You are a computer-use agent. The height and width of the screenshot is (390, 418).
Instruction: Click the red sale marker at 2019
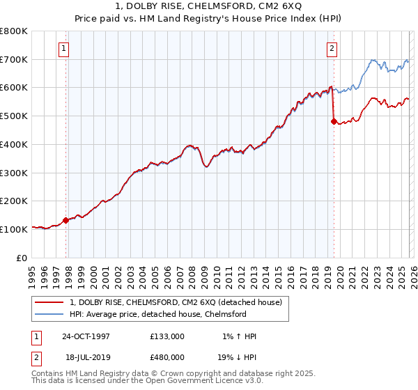tap(334, 121)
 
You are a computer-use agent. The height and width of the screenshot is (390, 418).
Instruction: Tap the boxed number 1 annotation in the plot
tap(63, 49)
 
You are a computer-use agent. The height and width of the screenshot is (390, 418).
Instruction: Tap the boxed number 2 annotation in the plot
tap(332, 49)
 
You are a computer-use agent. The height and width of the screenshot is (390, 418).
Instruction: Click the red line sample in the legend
tap(50, 302)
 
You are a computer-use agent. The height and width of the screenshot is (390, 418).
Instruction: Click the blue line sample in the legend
tap(50, 314)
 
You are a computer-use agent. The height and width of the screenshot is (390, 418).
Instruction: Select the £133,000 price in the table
tap(167, 336)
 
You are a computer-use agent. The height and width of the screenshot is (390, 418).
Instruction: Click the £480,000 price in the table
tap(167, 356)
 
